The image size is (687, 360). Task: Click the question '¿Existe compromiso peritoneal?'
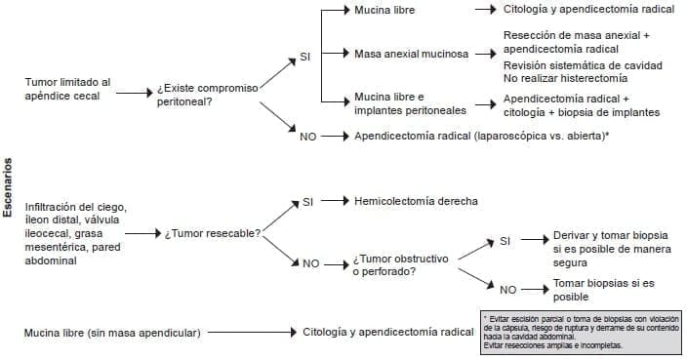coord(206,95)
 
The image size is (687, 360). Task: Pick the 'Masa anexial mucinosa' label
coord(411,55)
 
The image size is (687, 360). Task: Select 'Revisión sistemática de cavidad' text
coord(582,65)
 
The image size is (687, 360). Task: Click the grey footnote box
coord(583,332)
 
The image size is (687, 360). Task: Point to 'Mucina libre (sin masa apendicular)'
coord(112,334)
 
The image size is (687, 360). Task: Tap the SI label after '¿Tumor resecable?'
coord(307,202)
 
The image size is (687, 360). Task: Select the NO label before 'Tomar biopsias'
coord(507,290)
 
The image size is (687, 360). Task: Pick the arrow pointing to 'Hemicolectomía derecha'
coord(333,201)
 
